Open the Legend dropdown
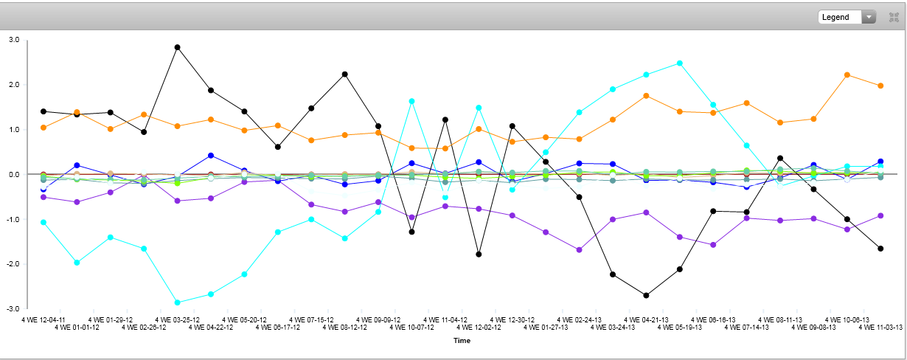click(x=846, y=17)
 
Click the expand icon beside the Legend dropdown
click(x=894, y=17)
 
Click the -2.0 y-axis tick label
click(x=13, y=264)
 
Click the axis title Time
click(x=462, y=341)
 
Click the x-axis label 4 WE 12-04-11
click(x=44, y=319)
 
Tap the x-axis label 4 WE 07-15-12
click(x=311, y=319)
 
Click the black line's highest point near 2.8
click(x=177, y=47)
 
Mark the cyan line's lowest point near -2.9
click(x=177, y=302)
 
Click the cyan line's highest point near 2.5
click(x=680, y=63)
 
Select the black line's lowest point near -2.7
click(x=646, y=295)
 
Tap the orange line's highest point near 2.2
click(x=847, y=75)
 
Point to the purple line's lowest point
click(x=580, y=250)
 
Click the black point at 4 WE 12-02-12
click(x=479, y=254)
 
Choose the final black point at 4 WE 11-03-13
click(x=880, y=249)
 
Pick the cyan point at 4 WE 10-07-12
click(x=411, y=101)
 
